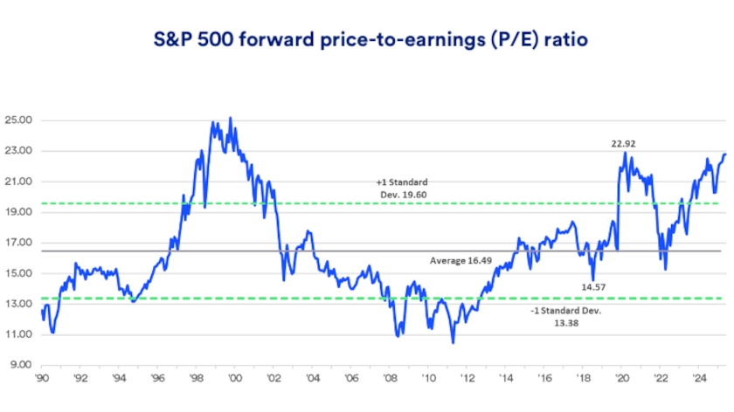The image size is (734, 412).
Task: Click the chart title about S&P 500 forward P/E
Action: [x=367, y=40]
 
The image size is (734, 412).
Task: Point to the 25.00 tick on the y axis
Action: [x=18, y=120]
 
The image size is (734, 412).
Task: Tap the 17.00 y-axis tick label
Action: [x=18, y=243]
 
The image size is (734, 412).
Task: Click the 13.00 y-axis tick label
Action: [x=18, y=304]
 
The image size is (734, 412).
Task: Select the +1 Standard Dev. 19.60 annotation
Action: [x=404, y=188]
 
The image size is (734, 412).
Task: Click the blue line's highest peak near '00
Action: [x=230, y=118]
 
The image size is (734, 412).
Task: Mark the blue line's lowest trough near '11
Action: [x=453, y=342]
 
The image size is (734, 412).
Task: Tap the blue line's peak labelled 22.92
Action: [x=625, y=154]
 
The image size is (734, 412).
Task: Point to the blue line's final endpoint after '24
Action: [x=724, y=154]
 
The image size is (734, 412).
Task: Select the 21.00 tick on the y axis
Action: [x=18, y=182]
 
